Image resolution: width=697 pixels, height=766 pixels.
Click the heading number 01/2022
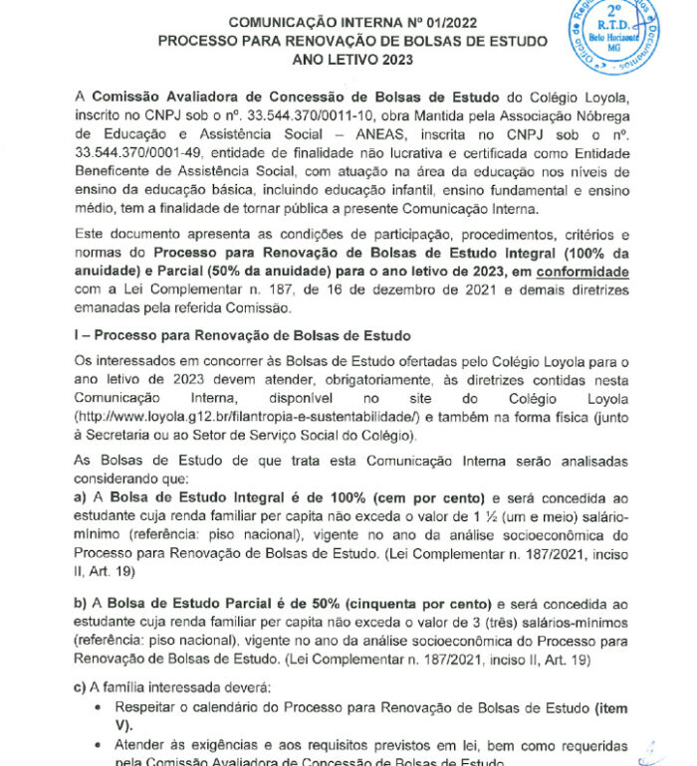474,22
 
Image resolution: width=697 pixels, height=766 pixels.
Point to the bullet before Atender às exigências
96,745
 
